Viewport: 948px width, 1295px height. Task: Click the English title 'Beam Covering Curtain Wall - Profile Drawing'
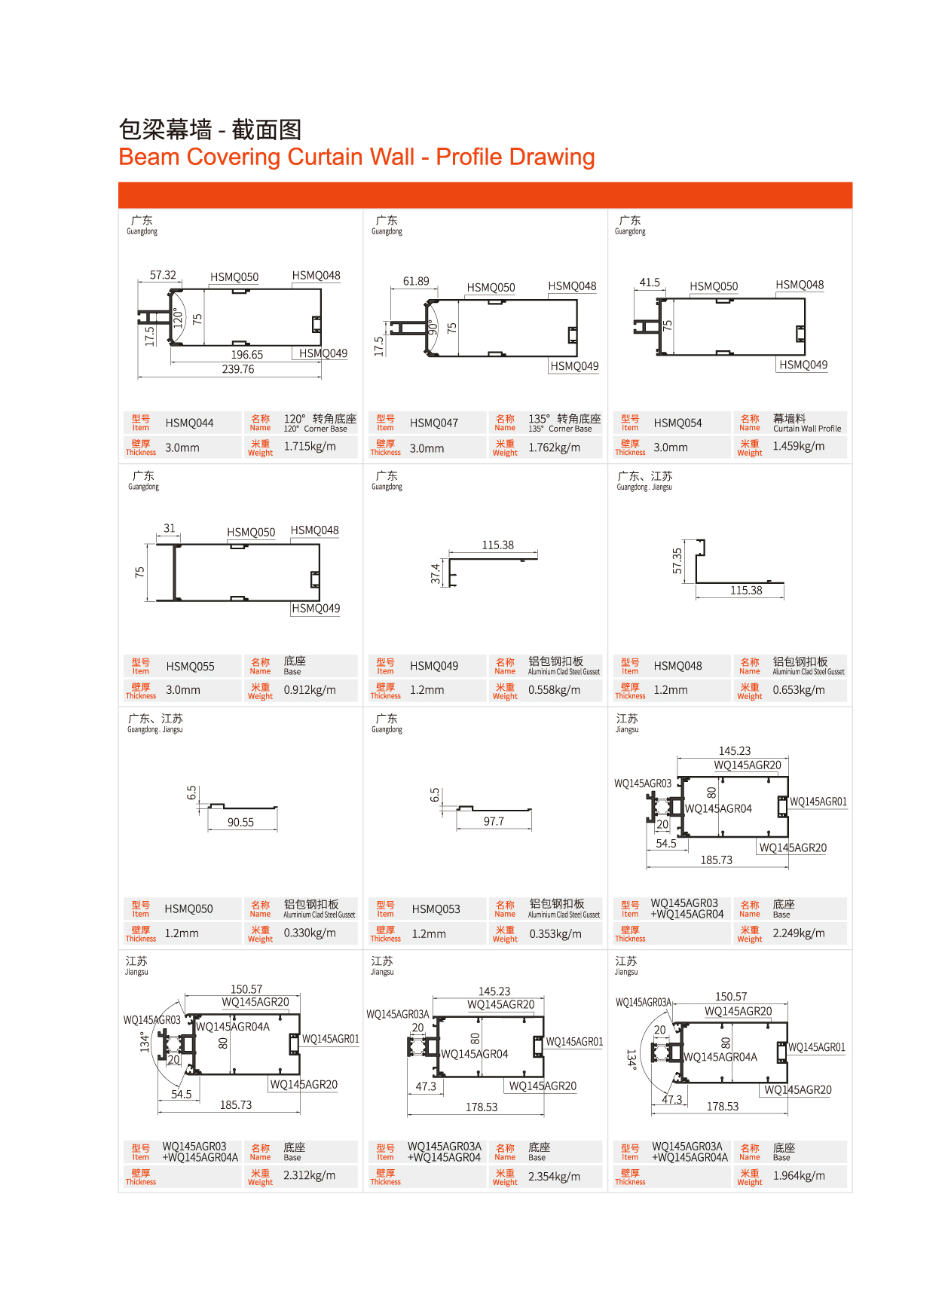(x=356, y=157)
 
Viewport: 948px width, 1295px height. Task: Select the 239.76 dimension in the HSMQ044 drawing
(x=238, y=369)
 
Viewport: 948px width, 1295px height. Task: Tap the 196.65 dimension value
(x=246, y=355)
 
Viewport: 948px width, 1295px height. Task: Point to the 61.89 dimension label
(x=416, y=282)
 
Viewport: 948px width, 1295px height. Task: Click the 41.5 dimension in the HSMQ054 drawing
(x=650, y=283)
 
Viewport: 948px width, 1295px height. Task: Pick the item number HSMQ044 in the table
(x=189, y=423)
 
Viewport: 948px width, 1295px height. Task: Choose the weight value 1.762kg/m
(x=554, y=447)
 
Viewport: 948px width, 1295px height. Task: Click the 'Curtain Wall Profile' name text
(x=806, y=429)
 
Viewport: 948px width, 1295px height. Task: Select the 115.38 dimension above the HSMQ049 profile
(x=497, y=545)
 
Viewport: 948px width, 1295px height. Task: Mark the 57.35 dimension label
(x=677, y=560)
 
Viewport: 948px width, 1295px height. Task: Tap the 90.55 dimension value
(x=240, y=823)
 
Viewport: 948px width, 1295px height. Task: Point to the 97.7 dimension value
(x=494, y=822)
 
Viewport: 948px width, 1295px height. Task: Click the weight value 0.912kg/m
(x=310, y=690)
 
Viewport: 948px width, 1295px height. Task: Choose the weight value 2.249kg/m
(x=798, y=933)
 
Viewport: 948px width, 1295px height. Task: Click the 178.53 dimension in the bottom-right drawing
(x=722, y=1107)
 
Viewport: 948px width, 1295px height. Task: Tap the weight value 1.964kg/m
(x=798, y=1176)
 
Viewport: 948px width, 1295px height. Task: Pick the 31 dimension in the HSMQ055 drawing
(x=170, y=528)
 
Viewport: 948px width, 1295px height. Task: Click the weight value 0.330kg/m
(x=309, y=933)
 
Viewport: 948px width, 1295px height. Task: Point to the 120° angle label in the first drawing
(x=178, y=317)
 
